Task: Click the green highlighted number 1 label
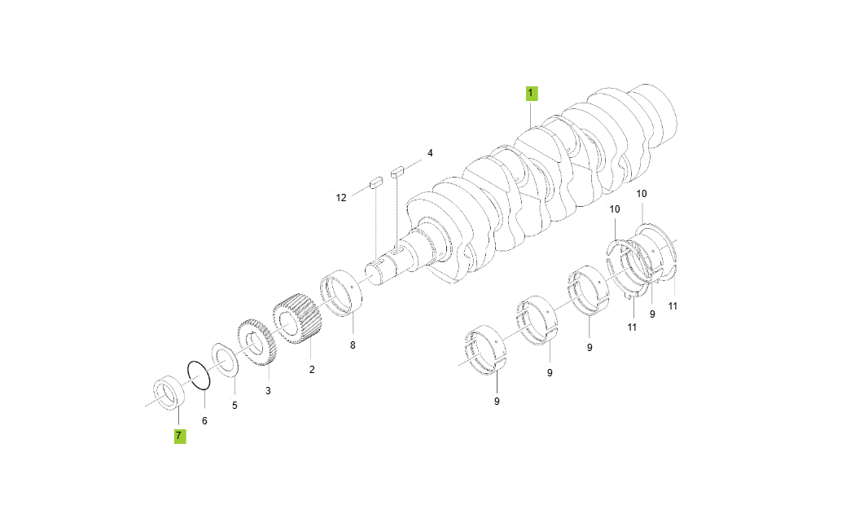(x=531, y=94)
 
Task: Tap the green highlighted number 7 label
(x=178, y=436)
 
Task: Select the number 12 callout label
(x=341, y=198)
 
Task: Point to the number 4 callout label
(x=430, y=153)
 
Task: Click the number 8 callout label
(x=353, y=345)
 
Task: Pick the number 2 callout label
(x=311, y=370)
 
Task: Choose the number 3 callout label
(x=267, y=391)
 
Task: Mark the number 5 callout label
(x=235, y=405)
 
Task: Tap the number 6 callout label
(x=204, y=420)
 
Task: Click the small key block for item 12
(x=376, y=183)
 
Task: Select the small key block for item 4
(x=397, y=172)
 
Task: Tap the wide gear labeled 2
(x=297, y=321)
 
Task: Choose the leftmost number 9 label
(x=497, y=401)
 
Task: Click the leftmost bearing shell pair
(x=485, y=350)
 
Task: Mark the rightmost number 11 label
(x=673, y=306)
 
